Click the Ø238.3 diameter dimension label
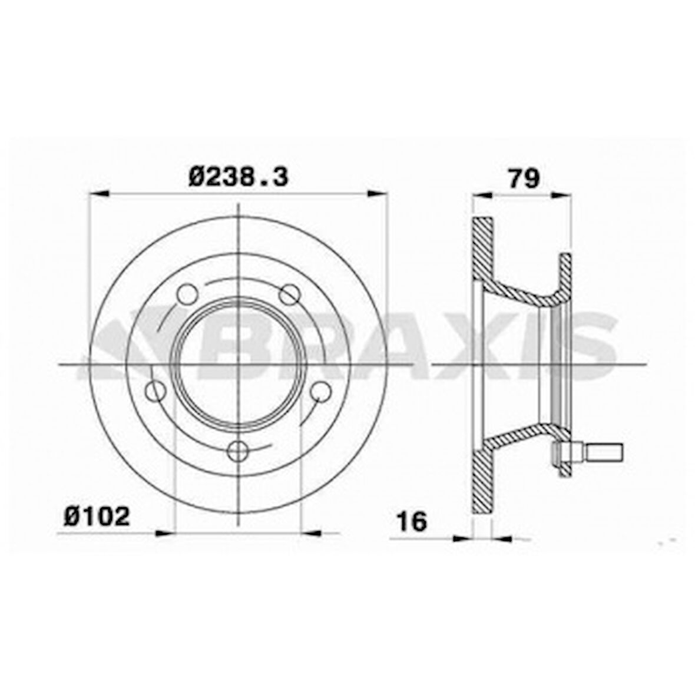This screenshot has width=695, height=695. coord(239,177)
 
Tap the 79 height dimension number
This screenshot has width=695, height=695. coord(524,178)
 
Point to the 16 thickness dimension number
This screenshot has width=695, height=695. coord(412,521)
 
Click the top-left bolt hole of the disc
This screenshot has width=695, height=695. coord(187,293)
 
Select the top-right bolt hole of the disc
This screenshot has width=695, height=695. coord(290,294)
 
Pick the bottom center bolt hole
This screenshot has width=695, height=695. coord(238,451)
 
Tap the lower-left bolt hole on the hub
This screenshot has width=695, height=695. coord(156,392)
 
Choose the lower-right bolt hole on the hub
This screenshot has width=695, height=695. coord(320,392)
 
